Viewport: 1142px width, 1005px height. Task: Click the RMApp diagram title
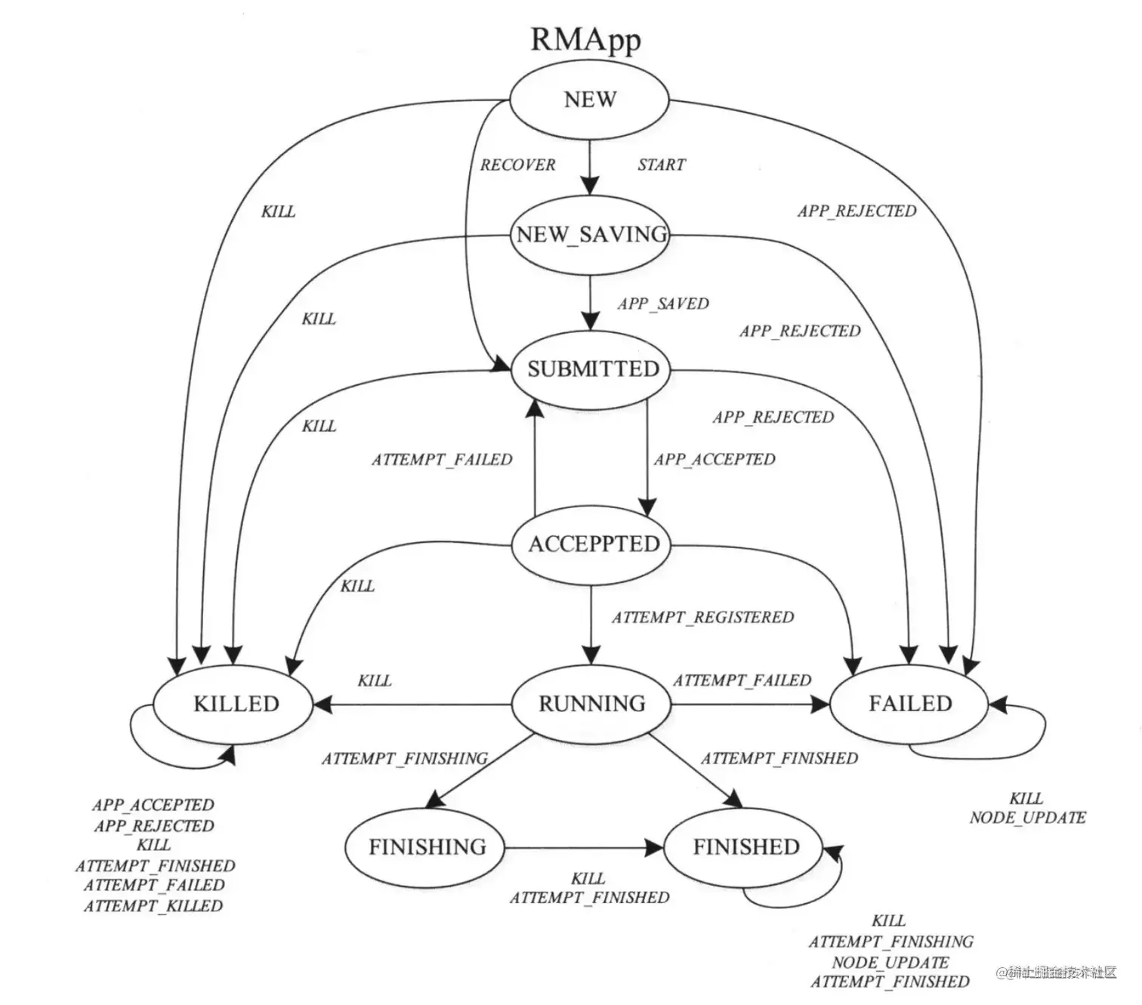tap(585, 40)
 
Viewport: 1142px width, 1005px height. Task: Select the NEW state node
tap(590, 100)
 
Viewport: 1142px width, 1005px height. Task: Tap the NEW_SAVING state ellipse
tap(591, 235)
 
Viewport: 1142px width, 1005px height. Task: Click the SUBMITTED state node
tap(593, 369)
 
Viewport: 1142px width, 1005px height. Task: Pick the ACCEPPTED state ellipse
tap(594, 544)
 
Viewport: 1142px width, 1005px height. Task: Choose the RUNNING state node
tap(591, 704)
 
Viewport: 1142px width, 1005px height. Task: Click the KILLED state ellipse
tap(236, 704)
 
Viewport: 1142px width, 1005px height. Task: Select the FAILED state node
tap(909, 704)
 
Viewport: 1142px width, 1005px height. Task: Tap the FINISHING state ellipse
tap(427, 847)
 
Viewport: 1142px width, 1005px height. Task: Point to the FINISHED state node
tap(745, 847)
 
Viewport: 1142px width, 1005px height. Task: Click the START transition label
tap(661, 165)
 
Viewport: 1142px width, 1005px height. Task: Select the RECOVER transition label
tap(517, 165)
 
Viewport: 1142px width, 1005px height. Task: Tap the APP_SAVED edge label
tap(663, 304)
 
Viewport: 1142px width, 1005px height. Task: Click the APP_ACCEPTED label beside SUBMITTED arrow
tap(715, 459)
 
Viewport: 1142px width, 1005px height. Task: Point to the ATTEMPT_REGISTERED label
tap(702, 618)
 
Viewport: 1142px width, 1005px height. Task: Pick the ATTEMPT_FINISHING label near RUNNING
tap(405, 758)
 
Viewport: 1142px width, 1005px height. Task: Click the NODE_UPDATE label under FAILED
tap(1027, 818)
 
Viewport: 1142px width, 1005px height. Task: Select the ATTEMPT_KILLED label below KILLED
tap(153, 905)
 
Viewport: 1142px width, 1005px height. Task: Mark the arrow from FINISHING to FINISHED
tap(582, 848)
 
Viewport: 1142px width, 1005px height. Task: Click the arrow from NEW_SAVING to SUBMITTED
tap(590, 302)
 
